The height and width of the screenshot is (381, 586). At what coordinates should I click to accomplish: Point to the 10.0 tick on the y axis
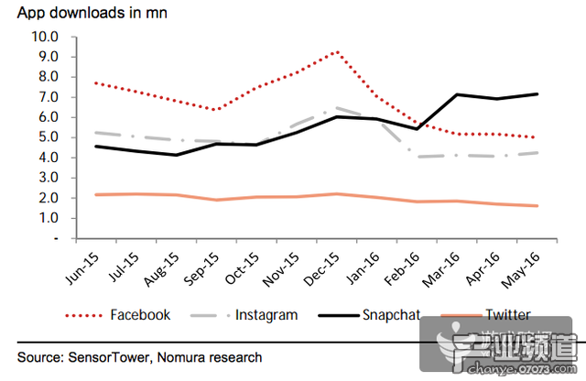pyautogui.click(x=45, y=37)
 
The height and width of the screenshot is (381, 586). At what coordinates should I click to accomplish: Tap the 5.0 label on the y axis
pyautogui.click(x=48, y=137)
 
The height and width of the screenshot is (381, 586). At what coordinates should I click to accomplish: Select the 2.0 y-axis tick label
pyautogui.click(x=48, y=198)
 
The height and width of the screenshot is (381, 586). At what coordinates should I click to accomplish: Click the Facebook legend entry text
pyautogui.click(x=140, y=315)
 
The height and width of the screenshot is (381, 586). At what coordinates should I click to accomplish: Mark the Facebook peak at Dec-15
pyautogui.click(x=338, y=51)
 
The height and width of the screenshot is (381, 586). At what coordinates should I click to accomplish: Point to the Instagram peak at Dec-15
pyautogui.click(x=338, y=107)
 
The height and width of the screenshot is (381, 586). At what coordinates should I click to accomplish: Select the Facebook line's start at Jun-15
pyautogui.click(x=95, y=82)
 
